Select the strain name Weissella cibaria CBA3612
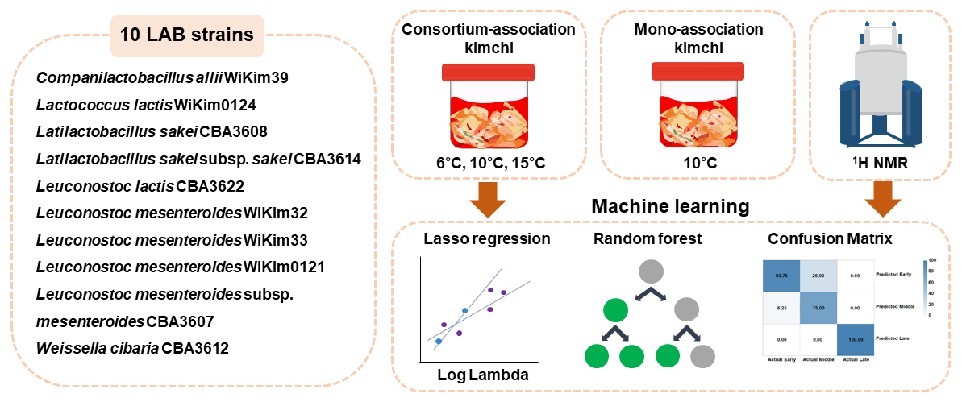pyautogui.click(x=132, y=349)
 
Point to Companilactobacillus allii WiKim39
pyautogui.click(x=162, y=78)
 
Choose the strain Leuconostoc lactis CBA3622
pyautogui.click(x=140, y=186)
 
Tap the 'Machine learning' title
pyautogui.click(x=670, y=207)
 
